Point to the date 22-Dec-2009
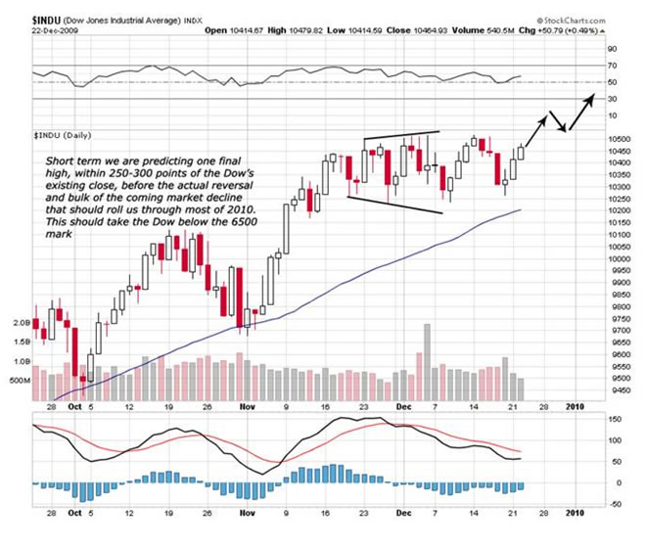click(x=55, y=29)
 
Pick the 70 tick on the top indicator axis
click(x=611, y=66)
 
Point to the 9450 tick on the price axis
click(x=616, y=388)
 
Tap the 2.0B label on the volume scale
click(x=23, y=321)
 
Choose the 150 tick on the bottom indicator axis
click(x=613, y=419)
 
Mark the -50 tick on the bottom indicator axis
click(x=613, y=503)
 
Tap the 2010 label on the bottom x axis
click(x=577, y=512)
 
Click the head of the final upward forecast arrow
click(x=594, y=96)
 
